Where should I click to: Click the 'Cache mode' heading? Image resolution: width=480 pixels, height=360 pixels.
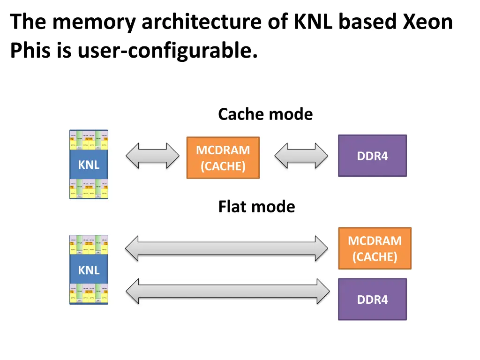coord(265,114)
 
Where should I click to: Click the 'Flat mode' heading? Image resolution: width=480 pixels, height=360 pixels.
coord(256,207)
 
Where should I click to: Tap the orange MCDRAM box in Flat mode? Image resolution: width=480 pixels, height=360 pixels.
coord(375,248)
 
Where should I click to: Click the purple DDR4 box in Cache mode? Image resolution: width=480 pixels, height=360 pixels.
coord(372,156)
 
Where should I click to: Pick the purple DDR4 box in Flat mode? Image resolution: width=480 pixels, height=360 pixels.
coord(372,299)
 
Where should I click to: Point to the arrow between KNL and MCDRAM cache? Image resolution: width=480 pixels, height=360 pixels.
coord(152,156)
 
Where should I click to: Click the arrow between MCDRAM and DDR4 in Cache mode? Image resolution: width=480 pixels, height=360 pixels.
coord(301,156)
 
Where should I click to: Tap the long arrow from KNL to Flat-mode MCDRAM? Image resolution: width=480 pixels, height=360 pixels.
coord(227,248)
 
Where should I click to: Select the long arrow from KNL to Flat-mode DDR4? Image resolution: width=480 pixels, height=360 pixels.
coord(227,291)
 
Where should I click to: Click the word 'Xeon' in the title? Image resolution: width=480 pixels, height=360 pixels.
coord(428,22)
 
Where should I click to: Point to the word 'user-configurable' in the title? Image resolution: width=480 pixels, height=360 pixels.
coord(167,50)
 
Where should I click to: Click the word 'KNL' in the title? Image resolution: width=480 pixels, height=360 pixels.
coord(313,22)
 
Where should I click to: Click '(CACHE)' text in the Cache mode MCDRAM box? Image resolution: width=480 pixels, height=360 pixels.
coord(223,166)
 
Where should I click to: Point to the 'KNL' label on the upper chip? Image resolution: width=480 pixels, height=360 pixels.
coord(89,165)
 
